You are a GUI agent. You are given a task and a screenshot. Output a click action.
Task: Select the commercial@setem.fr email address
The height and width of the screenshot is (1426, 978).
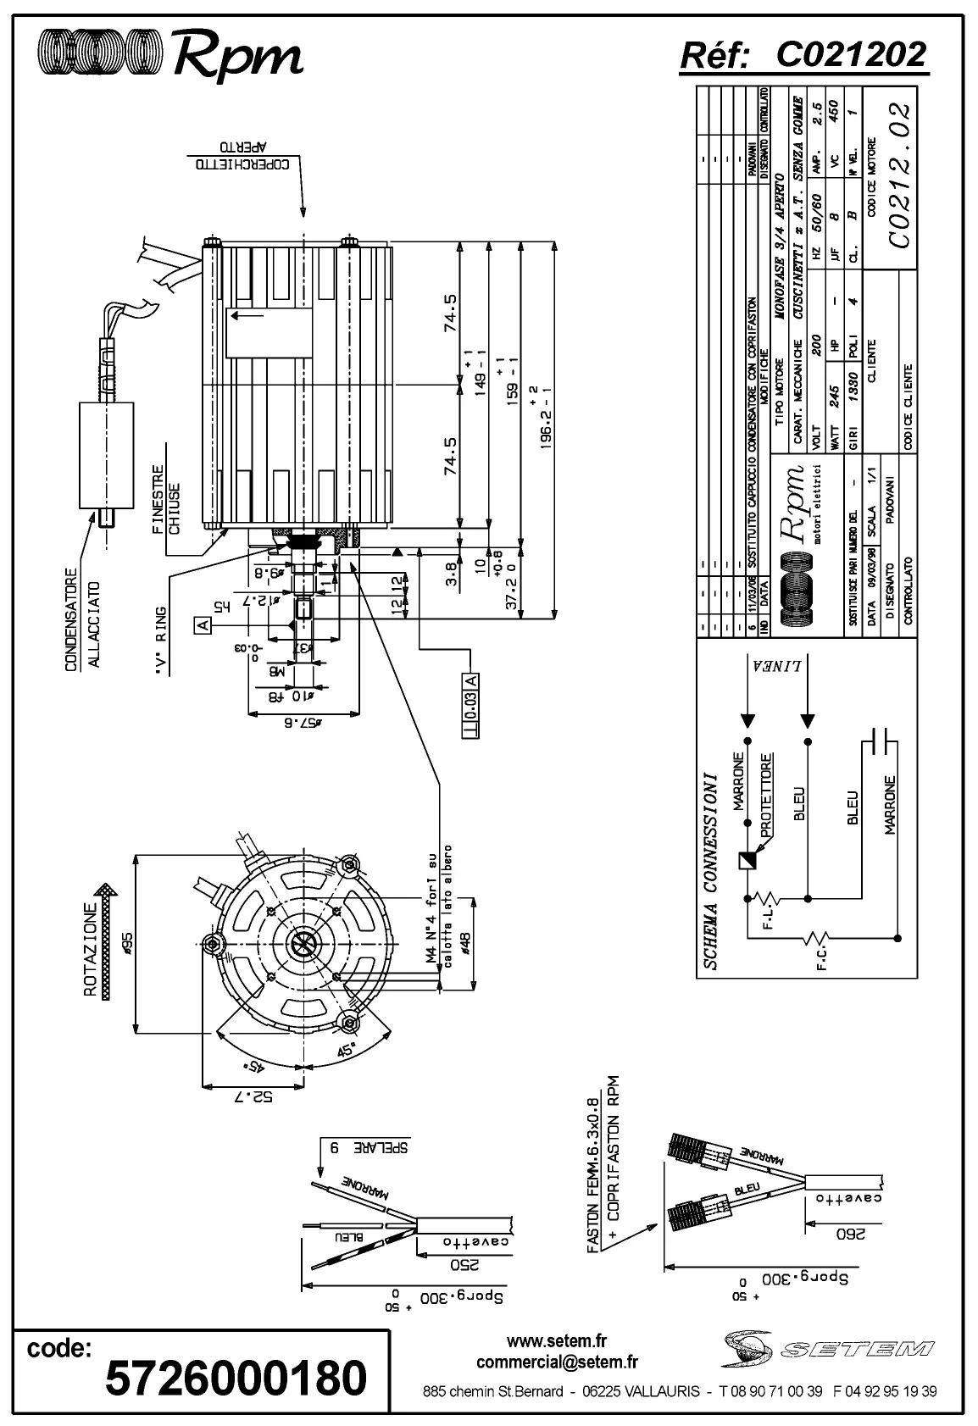tap(557, 1362)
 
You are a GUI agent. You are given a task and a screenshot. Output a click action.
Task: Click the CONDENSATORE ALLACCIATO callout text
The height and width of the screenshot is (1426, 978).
tap(83, 612)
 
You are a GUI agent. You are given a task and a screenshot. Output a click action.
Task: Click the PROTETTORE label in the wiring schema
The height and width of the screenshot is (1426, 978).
tap(766, 796)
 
